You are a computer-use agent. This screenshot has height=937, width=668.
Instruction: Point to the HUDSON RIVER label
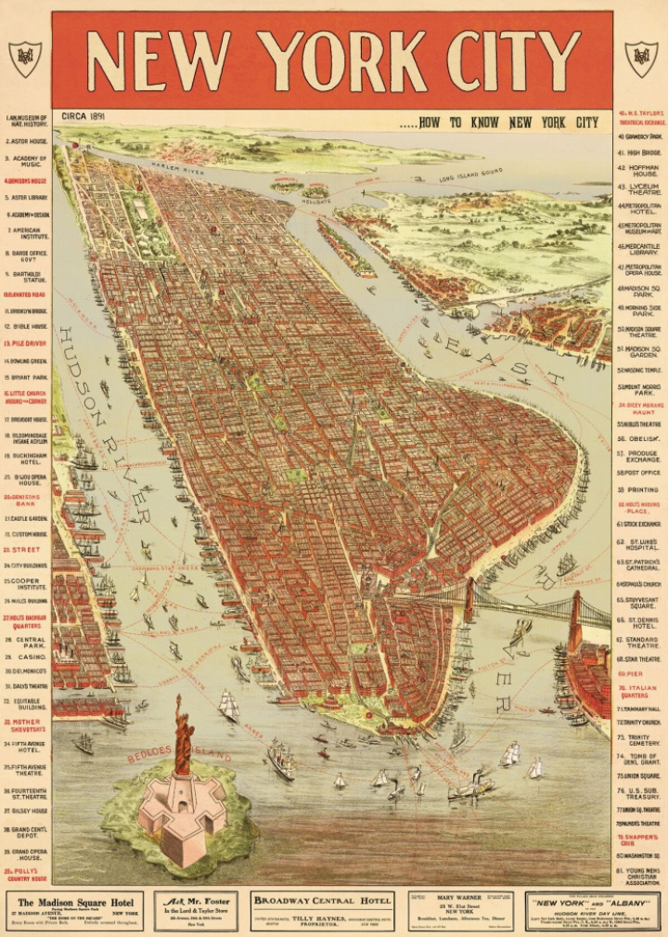102,418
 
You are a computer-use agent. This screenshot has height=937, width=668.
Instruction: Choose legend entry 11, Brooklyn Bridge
28,311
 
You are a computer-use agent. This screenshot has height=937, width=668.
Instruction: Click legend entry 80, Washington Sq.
638,854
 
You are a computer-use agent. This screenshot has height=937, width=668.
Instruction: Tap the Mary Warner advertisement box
460,910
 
